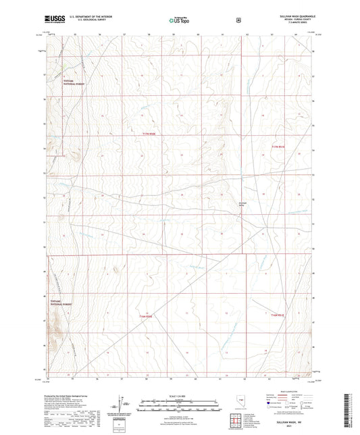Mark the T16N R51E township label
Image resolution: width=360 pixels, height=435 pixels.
click(277, 314)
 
